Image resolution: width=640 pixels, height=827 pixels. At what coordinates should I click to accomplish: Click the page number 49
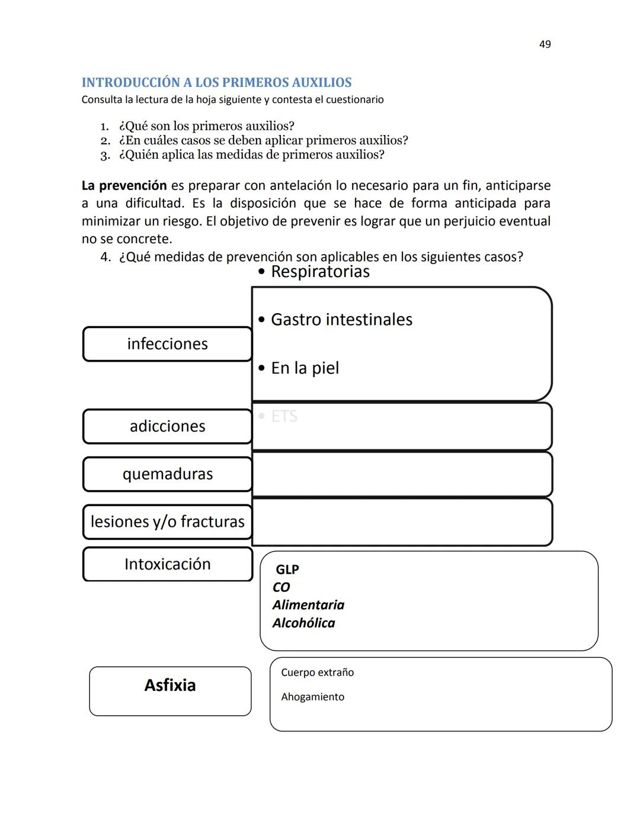(545, 44)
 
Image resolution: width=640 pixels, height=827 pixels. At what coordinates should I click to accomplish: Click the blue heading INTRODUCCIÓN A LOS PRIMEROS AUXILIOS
(216, 82)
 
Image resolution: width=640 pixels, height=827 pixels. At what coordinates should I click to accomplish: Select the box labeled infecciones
(167, 344)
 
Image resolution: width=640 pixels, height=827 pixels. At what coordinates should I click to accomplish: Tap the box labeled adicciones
(167, 426)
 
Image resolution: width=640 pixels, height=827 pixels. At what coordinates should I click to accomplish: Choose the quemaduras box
(167, 474)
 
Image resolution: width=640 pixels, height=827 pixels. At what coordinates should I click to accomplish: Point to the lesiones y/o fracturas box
(167, 522)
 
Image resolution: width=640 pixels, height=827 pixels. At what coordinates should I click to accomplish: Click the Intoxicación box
(167, 564)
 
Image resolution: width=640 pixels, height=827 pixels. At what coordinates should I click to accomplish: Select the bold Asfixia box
(170, 686)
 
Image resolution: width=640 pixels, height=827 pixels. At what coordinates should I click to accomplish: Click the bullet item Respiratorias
(319, 272)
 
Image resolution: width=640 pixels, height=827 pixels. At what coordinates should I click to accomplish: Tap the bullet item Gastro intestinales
(341, 320)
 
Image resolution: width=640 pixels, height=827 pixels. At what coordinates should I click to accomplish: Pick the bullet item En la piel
(305, 368)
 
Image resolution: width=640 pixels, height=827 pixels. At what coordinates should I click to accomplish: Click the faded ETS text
(284, 416)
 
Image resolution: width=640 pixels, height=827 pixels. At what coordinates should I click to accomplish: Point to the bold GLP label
(287, 569)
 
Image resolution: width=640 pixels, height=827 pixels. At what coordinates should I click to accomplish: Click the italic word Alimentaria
(308, 605)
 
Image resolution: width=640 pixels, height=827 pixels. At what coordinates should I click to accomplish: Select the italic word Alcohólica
(303, 623)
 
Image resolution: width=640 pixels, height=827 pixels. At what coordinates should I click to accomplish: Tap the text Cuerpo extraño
(317, 672)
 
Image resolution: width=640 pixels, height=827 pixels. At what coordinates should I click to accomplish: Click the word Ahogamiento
(312, 697)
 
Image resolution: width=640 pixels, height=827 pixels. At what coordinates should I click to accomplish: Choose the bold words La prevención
(124, 185)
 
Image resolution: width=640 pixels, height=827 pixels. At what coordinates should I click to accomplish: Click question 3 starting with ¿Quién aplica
(251, 155)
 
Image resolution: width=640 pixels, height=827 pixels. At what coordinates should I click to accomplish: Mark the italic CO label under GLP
(281, 587)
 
